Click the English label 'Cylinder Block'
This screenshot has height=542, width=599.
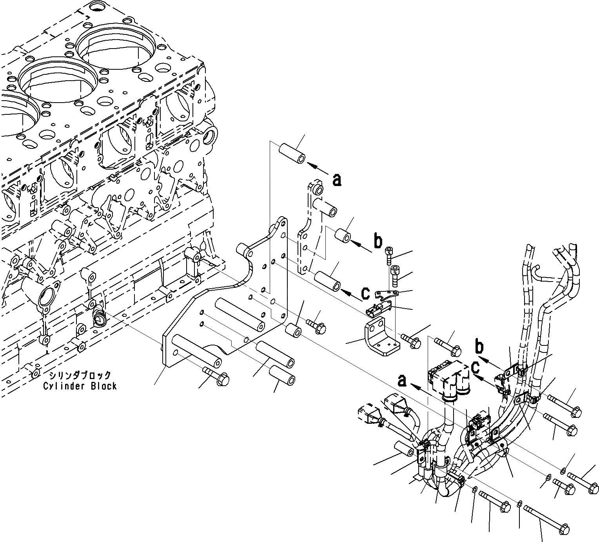(x=80, y=386)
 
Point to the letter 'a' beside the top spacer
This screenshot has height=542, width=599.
(x=336, y=180)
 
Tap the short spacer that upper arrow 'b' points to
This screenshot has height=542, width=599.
(x=342, y=237)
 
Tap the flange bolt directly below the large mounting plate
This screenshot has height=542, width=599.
(x=216, y=375)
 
